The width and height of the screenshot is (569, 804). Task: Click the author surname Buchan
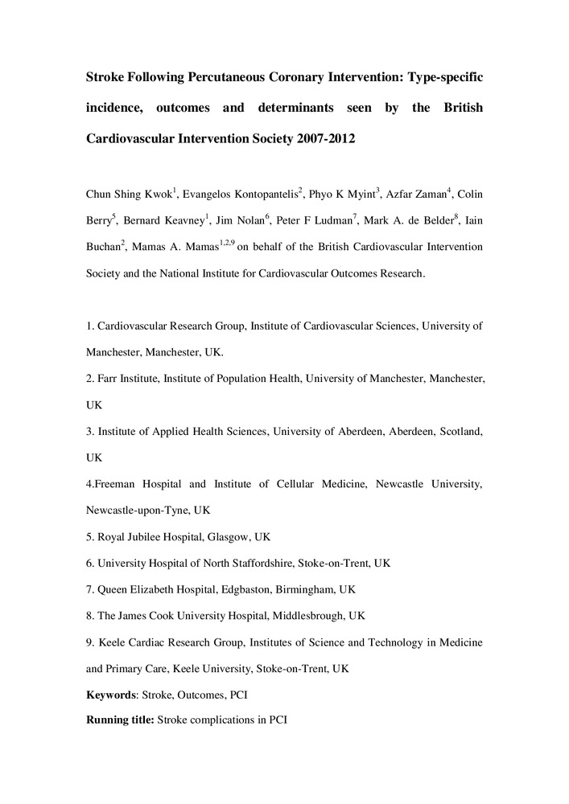[103, 247]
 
